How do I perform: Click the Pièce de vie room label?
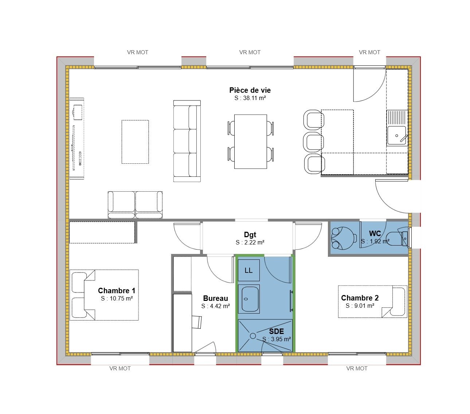[250, 90]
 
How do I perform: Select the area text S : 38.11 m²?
[250, 98]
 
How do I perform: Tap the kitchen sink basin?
[396, 136]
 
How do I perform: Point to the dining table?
[251, 142]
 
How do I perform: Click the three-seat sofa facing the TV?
[187, 141]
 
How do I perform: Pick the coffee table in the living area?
[135, 142]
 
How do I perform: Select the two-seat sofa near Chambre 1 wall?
[135, 205]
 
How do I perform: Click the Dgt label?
[250, 235]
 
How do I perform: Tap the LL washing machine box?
[248, 270]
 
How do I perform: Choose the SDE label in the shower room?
[277, 331]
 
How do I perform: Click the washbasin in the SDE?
[249, 299]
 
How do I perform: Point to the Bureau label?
[215, 298]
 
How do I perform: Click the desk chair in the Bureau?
[197, 322]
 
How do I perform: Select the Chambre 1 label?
[117, 291]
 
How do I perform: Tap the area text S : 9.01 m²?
[360, 306]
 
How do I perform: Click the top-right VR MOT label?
[369, 52]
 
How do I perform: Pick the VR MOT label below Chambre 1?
[120, 369]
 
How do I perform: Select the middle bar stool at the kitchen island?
[313, 142]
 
